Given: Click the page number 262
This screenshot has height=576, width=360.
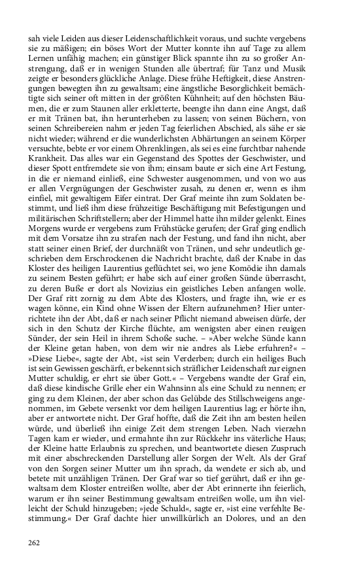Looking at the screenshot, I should point(35,542).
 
